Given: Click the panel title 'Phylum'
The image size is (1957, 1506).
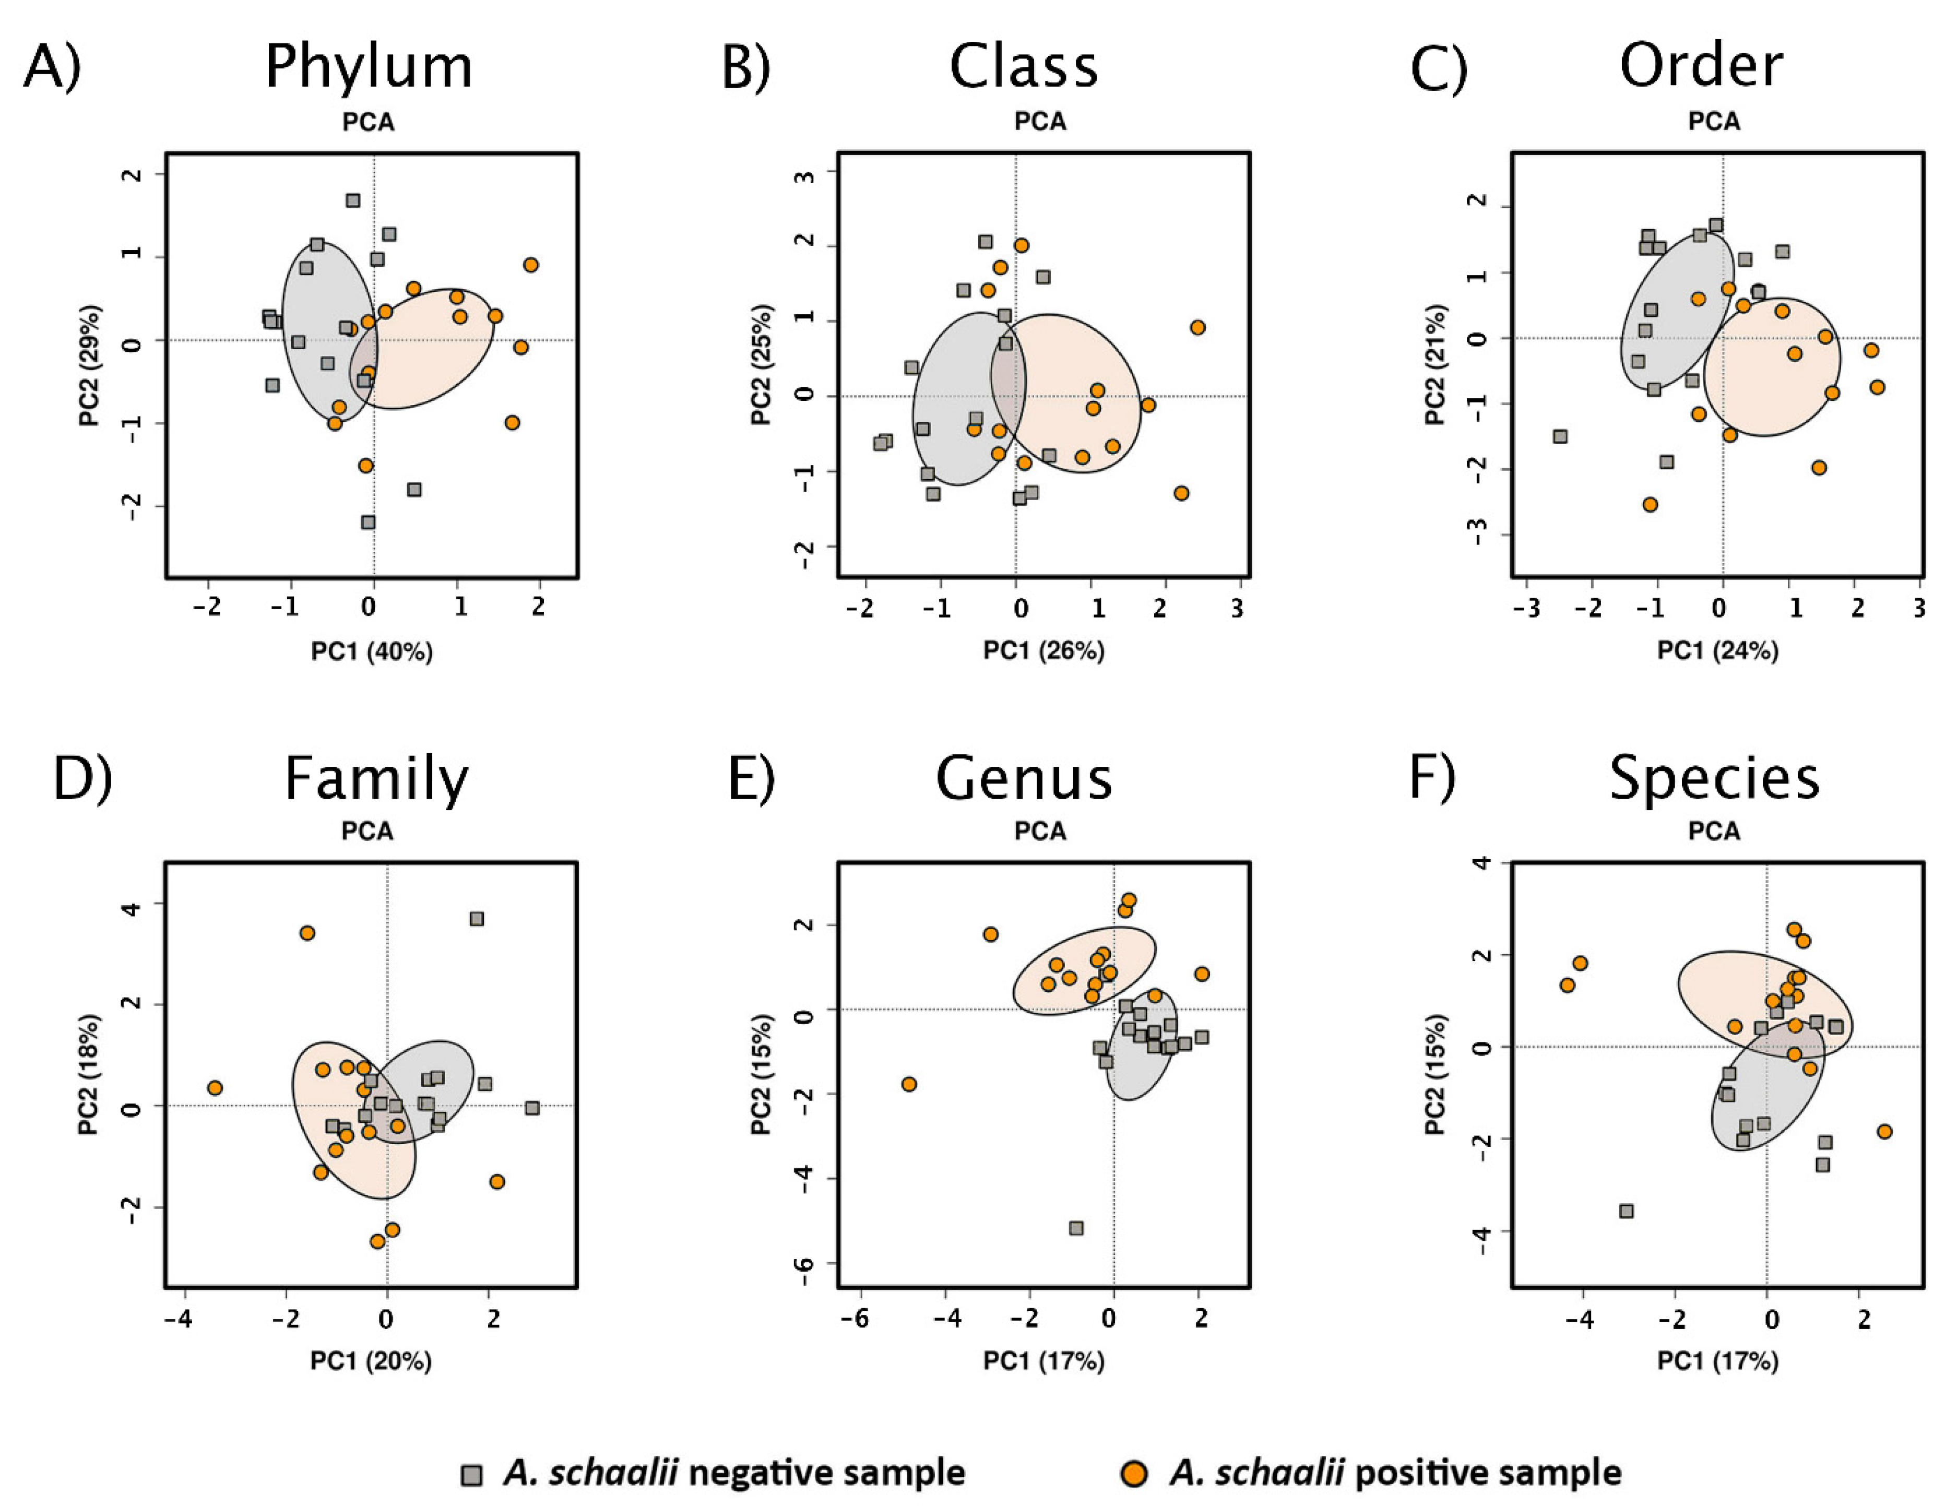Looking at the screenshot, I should point(369,67).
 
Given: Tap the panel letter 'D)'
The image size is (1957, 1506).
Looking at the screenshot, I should point(82,778).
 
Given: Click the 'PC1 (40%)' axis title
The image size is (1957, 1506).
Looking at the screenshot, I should point(372,651).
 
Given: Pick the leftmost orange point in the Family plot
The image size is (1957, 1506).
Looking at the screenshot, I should point(214,1088).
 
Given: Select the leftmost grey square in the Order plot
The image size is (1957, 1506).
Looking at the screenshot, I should point(1560,436).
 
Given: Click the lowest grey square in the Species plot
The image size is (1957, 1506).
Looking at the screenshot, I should point(1627,1211).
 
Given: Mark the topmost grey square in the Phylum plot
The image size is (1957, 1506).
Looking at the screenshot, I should point(353,200).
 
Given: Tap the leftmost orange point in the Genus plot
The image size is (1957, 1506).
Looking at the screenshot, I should point(909,1084).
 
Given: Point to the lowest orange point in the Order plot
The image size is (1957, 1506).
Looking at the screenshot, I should point(1650,504).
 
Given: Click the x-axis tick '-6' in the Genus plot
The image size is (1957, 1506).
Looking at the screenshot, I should point(858,1318).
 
